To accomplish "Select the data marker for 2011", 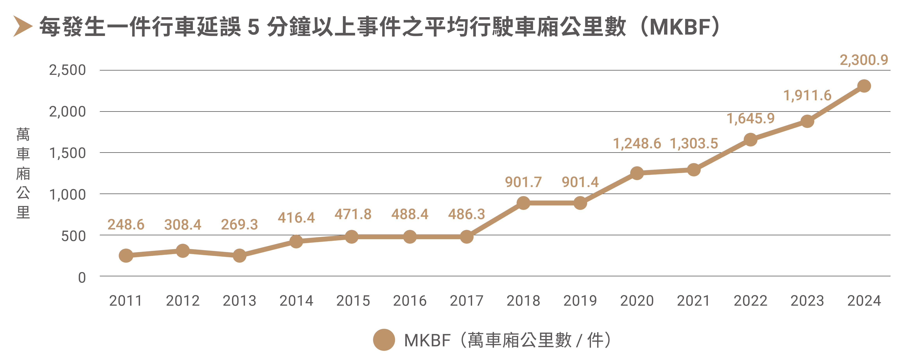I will point(126,256).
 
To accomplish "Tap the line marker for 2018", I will point(523,203).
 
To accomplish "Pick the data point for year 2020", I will point(637,173).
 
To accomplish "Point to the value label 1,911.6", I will point(807,95).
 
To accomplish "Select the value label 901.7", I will point(523,182).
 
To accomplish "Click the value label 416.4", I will point(296,218).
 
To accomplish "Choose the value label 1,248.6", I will point(637,144).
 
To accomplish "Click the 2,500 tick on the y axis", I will point(67,70).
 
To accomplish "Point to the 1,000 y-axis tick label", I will point(67,194).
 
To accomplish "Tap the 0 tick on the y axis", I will point(82,278).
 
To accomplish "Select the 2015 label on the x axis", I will point(353,301).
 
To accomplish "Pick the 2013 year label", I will point(239,301).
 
